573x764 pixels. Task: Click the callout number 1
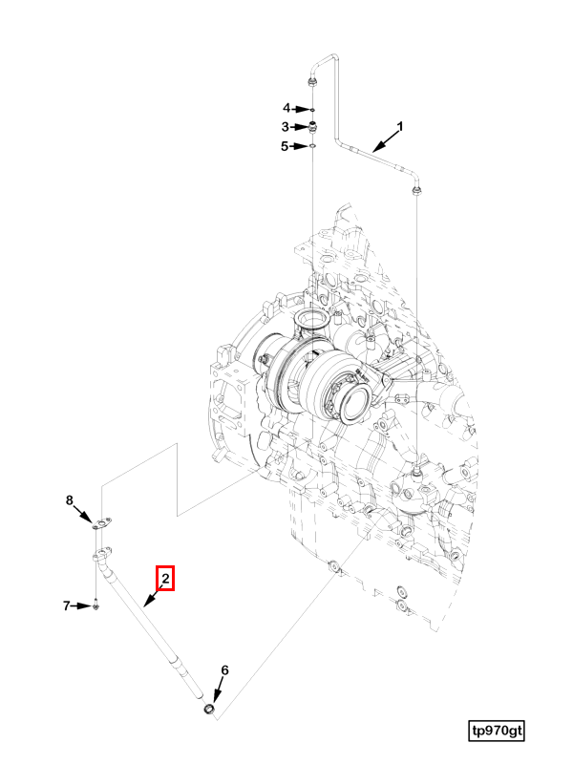pyautogui.click(x=400, y=126)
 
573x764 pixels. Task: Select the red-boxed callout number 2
pyautogui.click(x=165, y=579)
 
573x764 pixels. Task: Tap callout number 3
pyautogui.click(x=285, y=126)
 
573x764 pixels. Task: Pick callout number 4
pyautogui.click(x=285, y=108)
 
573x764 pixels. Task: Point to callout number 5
pyautogui.click(x=285, y=146)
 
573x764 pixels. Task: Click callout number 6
pyautogui.click(x=225, y=670)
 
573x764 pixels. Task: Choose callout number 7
pyautogui.click(x=68, y=605)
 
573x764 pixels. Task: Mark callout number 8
pyautogui.click(x=69, y=500)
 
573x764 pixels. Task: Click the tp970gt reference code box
pyautogui.click(x=497, y=731)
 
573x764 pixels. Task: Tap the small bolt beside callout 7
pyautogui.click(x=97, y=605)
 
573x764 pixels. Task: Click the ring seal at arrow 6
pyautogui.click(x=207, y=710)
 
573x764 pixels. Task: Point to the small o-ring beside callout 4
pyautogui.click(x=312, y=109)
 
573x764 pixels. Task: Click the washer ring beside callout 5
pyautogui.click(x=312, y=146)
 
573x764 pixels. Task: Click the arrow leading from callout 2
pyautogui.click(x=154, y=598)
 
